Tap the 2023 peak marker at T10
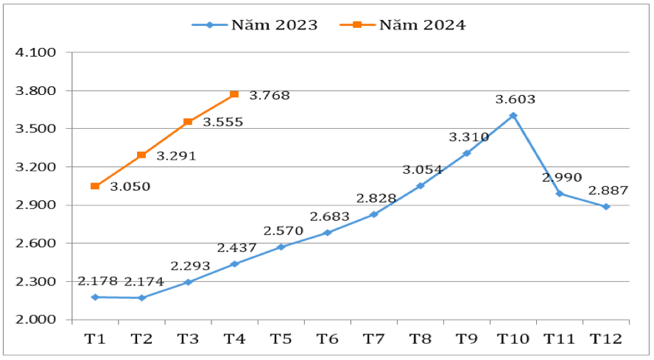tap(513, 116)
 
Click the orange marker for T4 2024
tap(234, 94)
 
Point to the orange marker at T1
tap(95, 186)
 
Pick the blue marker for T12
tap(606, 207)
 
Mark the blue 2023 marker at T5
tap(281, 247)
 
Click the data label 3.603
tap(515, 99)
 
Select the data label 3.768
tap(270, 96)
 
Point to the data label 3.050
tap(130, 187)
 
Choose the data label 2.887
tap(608, 191)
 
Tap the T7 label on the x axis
tap(373, 339)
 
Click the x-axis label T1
tap(95, 339)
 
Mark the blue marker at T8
tap(421, 186)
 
